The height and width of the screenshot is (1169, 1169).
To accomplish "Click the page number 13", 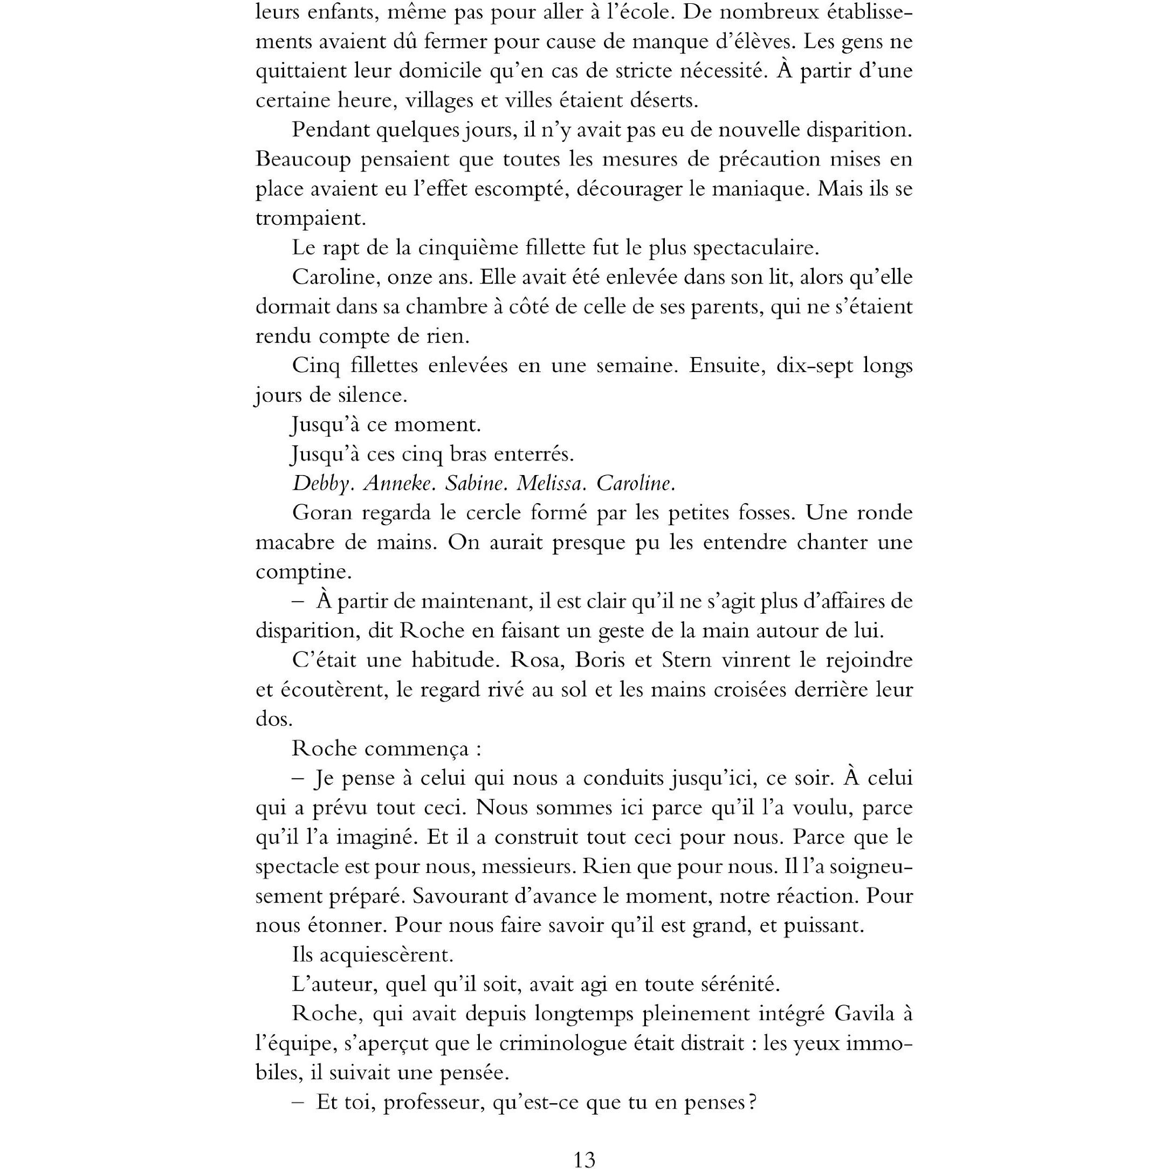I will (x=584, y=1158).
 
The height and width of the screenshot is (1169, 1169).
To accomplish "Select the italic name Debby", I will (x=321, y=484).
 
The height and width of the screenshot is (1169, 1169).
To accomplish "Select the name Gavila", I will (x=865, y=1013).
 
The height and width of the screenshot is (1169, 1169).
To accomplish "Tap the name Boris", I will (x=600, y=659).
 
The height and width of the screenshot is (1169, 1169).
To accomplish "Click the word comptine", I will (x=303, y=572).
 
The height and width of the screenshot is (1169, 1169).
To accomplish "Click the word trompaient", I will (x=311, y=218).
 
